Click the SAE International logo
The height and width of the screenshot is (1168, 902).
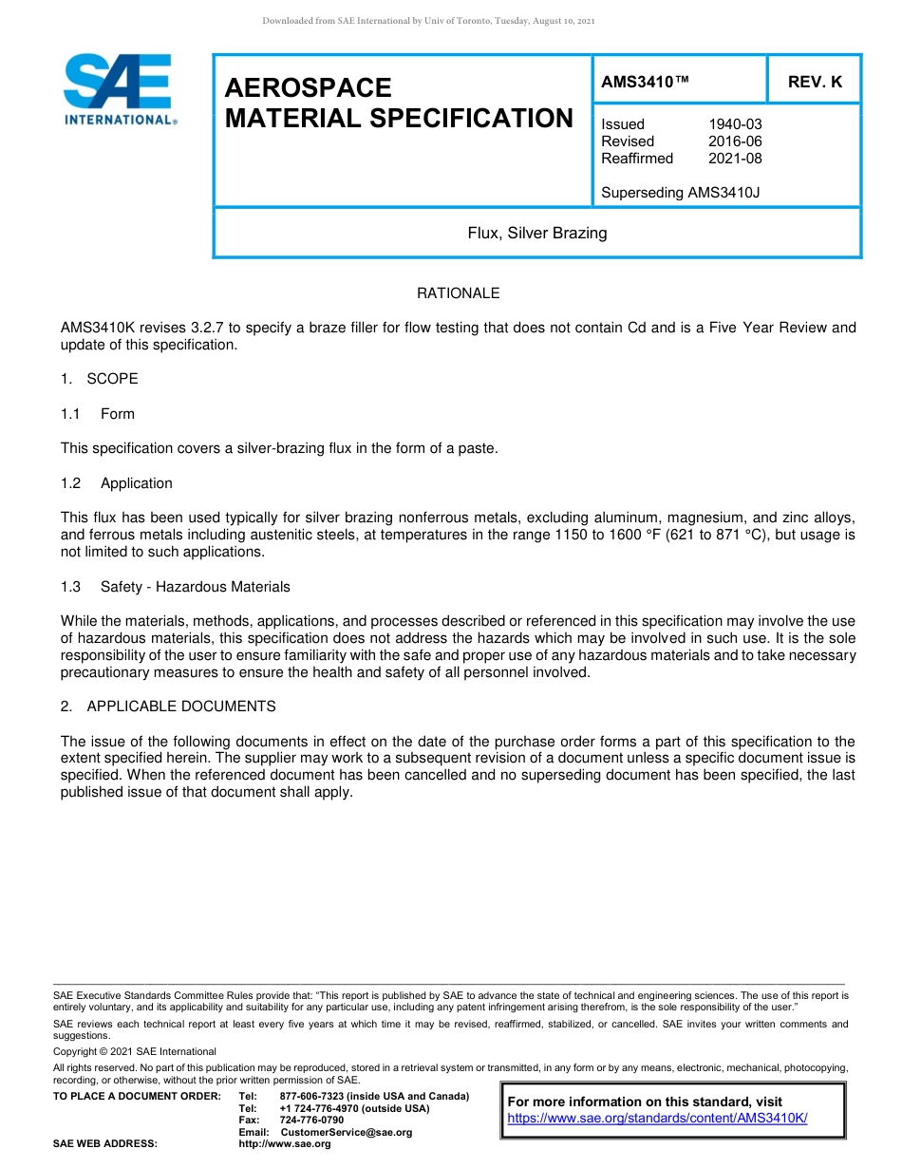(x=119, y=89)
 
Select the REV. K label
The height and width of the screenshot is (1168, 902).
(x=815, y=83)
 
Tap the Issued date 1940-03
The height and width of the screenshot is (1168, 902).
(x=735, y=124)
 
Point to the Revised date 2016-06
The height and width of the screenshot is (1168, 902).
(x=735, y=141)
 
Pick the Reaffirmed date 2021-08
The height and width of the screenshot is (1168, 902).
(x=735, y=159)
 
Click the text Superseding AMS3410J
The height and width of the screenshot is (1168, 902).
(x=680, y=193)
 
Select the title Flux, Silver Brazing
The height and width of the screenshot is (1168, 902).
(x=536, y=233)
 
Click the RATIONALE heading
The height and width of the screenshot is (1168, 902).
(x=458, y=293)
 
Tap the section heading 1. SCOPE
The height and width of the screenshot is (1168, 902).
(x=100, y=379)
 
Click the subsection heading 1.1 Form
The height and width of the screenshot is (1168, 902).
(x=98, y=414)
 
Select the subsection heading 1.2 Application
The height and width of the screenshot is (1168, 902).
(x=117, y=483)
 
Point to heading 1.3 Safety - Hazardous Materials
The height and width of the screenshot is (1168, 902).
(x=176, y=587)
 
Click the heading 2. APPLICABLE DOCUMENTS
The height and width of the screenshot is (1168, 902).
(x=168, y=706)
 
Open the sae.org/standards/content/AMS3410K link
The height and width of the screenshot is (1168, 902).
(x=657, y=1119)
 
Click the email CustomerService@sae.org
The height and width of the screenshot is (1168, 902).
(x=347, y=1132)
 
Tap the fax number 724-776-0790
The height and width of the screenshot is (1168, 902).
(x=311, y=1121)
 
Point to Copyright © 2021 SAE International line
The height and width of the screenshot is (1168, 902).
(x=135, y=1052)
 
